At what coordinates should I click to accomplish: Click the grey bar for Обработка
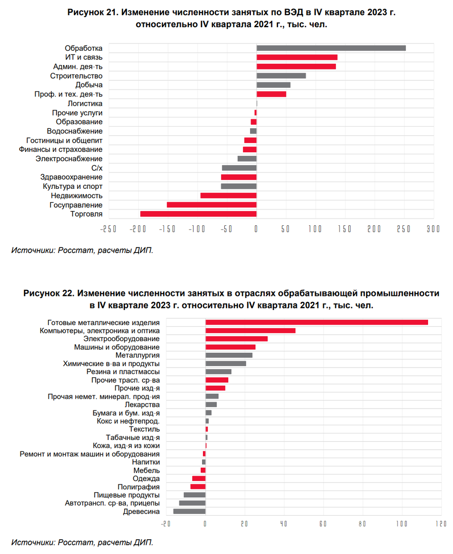(331, 48)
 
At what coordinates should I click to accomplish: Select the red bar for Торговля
(198, 214)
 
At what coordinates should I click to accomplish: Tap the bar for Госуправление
(211, 205)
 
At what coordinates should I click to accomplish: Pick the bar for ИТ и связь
(297, 57)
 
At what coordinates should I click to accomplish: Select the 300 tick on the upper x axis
(433, 229)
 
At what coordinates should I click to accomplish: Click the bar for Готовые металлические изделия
(316, 322)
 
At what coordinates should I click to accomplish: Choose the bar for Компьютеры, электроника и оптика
(250, 331)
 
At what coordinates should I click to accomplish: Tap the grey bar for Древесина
(189, 511)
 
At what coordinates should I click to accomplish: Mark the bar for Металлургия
(229, 355)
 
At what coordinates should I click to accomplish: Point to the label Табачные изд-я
(133, 437)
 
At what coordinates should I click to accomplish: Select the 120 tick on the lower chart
(441, 524)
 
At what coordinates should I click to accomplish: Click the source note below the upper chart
(82, 250)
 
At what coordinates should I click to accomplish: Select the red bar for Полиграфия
(198, 487)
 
